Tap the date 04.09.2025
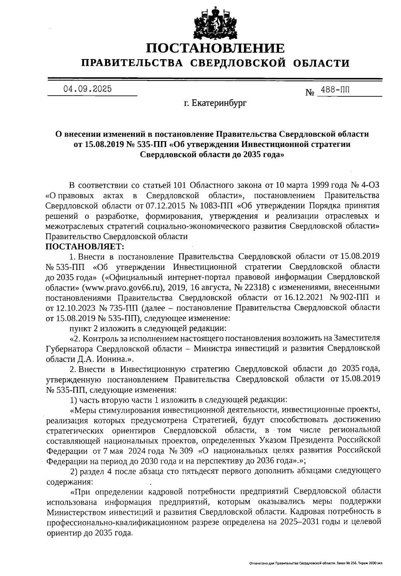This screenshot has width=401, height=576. pos(88,89)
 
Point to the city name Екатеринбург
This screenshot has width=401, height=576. pos(220,104)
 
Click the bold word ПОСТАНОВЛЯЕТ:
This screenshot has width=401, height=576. pos(85,247)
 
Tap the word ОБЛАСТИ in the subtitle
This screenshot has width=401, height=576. pos(321,63)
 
